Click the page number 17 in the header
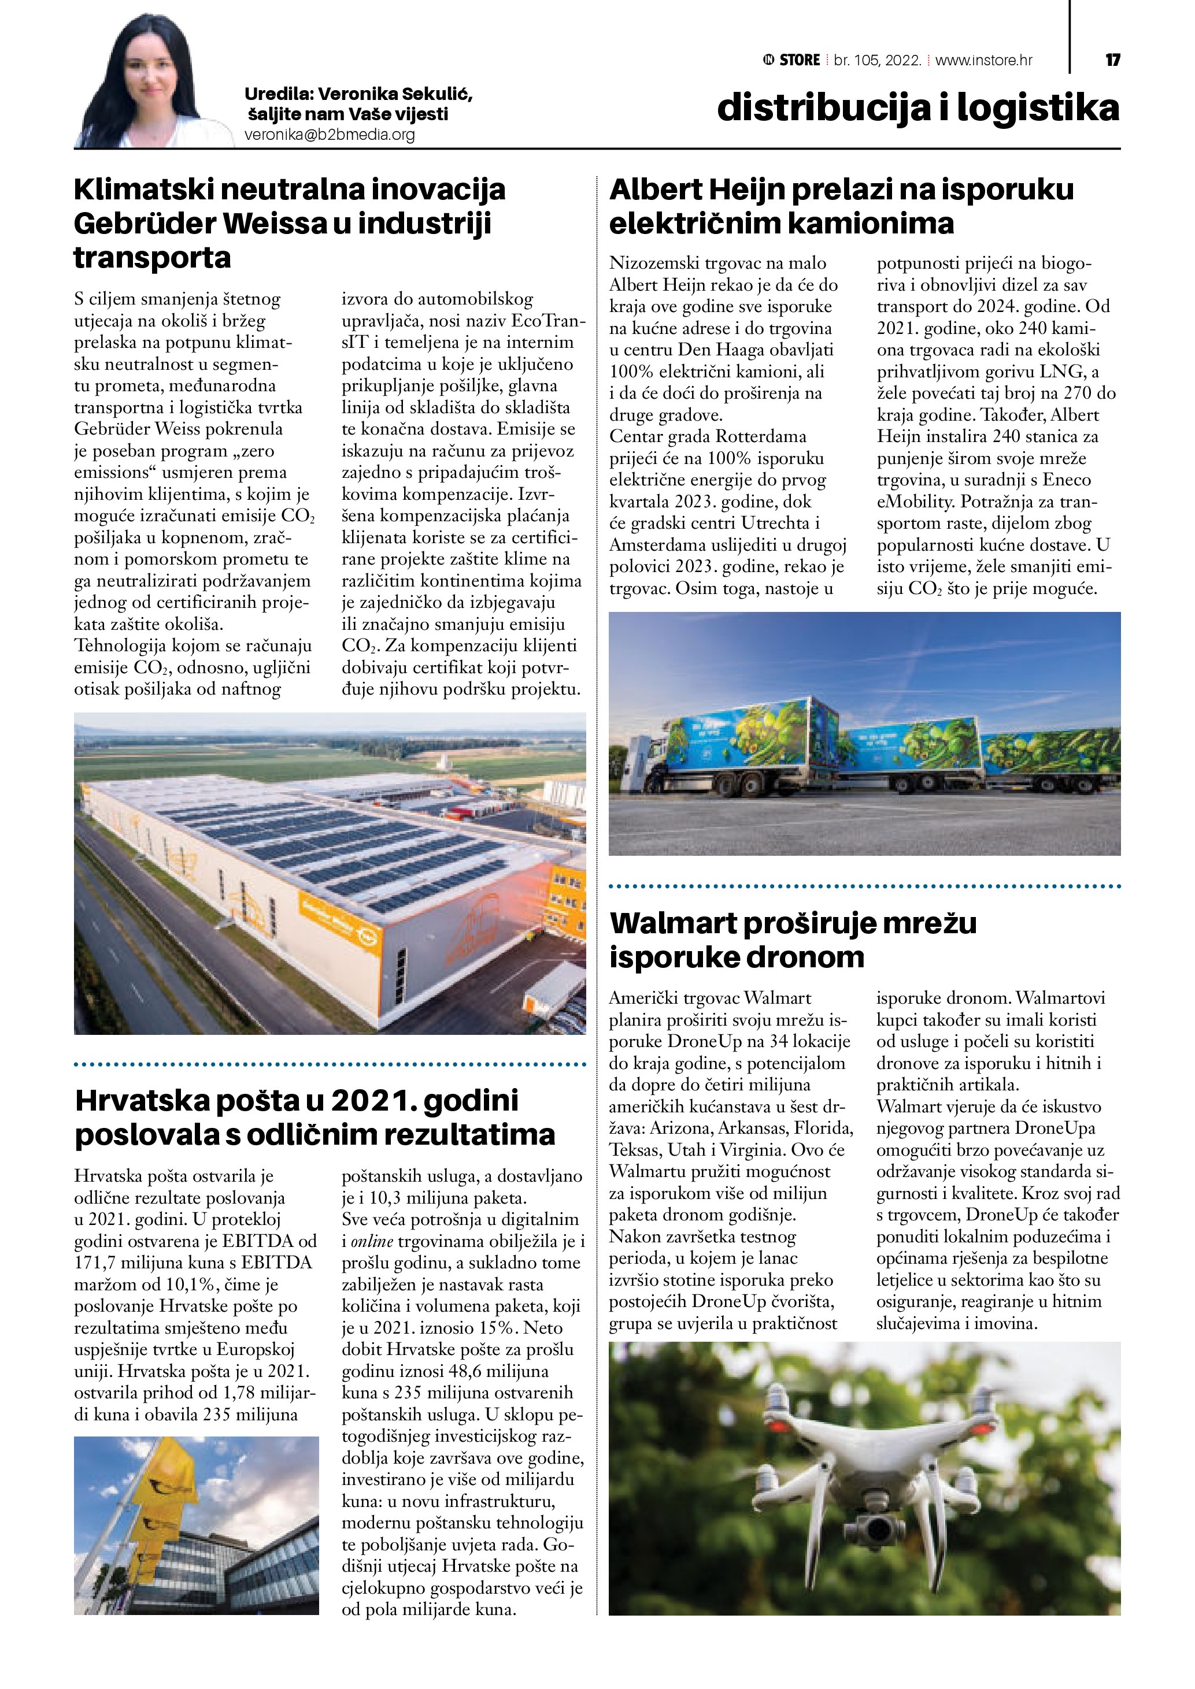click(1112, 60)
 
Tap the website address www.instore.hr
click(984, 60)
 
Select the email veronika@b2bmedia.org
click(330, 135)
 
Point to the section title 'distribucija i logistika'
click(917, 107)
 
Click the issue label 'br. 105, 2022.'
click(877, 60)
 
